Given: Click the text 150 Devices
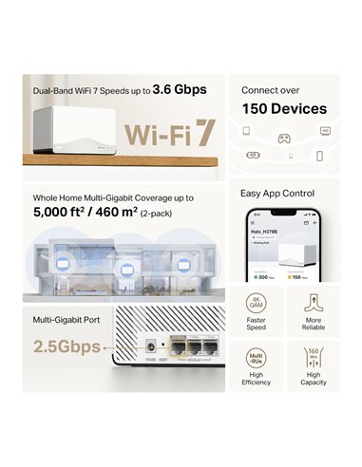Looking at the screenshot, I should (283, 108).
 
